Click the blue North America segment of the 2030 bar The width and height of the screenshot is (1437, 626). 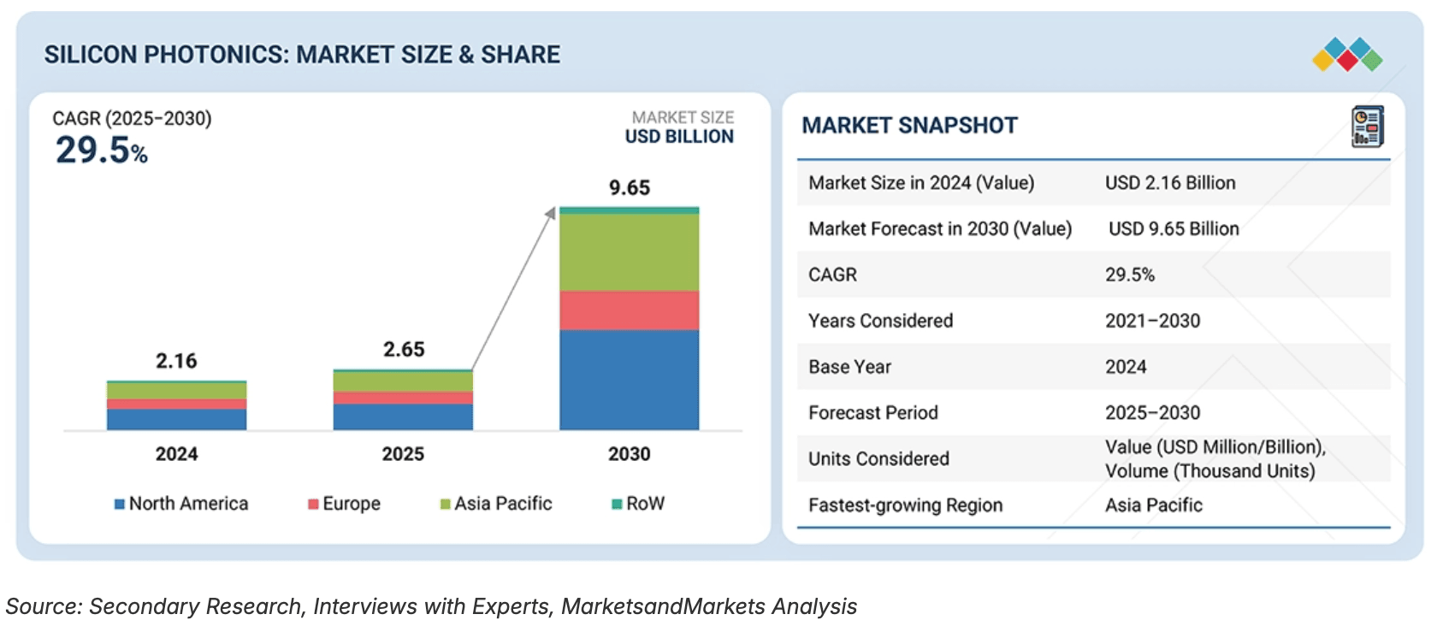(629, 380)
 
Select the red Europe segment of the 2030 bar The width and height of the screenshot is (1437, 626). (629, 310)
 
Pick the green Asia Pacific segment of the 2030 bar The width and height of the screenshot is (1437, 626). (629, 252)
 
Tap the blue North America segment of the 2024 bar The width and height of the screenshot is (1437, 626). (176, 419)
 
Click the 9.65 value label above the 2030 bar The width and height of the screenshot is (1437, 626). (630, 188)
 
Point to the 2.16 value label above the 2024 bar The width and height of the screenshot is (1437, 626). (176, 361)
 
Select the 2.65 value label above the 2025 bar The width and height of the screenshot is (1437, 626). (404, 350)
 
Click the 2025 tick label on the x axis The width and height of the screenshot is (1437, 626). (403, 454)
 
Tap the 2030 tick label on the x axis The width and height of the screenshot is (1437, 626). (629, 454)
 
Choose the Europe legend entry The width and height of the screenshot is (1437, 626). (345, 504)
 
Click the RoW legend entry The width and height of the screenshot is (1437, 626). (638, 504)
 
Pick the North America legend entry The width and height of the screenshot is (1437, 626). (181, 504)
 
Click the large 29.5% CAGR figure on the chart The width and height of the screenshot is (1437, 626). (101, 151)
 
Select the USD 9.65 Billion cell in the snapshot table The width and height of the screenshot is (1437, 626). (1174, 229)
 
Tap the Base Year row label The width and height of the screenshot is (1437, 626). (849, 367)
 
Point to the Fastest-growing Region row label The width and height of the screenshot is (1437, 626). (905, 505)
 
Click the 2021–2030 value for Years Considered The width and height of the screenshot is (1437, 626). (1152, 321)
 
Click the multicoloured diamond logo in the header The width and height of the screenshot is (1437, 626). (1347, 55)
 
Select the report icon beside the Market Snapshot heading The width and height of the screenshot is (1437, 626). (1367, 127)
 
